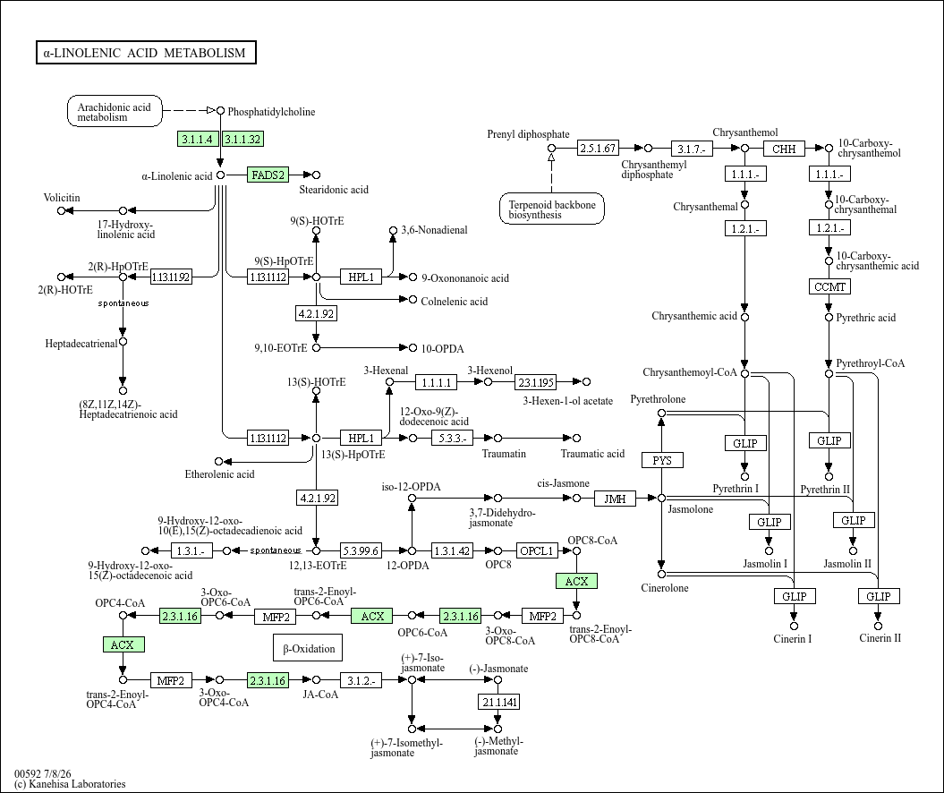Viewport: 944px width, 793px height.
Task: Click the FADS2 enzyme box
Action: (x=268, y=175)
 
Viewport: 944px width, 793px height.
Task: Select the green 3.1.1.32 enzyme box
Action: (x=242, y=139)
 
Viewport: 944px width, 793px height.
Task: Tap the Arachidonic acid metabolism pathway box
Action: (x=115, y=111)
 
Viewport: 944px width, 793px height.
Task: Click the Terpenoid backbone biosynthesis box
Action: (x=552, y=209)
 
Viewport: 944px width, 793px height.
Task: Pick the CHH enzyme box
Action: (x=784, y=149)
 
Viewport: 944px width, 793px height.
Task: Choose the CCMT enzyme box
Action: (x=829, y=286)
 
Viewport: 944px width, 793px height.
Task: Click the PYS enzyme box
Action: (x=661, y=461)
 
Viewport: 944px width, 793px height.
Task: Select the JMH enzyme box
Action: (x=615, y=499)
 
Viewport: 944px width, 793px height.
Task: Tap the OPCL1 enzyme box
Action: (x=536, y=551)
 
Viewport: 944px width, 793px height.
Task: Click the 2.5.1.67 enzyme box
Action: (x=598, y=148)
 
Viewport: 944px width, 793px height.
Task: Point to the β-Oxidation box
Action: (x=308, y=648)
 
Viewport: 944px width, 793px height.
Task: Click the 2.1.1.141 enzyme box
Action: (x=499, y=702)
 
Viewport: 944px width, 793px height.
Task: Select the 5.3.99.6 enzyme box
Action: (x=361, y=551)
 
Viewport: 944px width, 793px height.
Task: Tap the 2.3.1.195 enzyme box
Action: (x=536, y=382)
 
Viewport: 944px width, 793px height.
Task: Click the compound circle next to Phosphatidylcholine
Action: (x=220, y=111)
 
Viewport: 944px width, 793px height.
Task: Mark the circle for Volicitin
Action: (x=61, y=210)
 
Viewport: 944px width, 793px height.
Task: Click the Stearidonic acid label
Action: (x=334, y=190)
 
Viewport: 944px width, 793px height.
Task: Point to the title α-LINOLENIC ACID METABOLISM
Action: (x=146, y=53)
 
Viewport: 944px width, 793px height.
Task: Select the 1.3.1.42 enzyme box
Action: (x=452, y=551)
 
